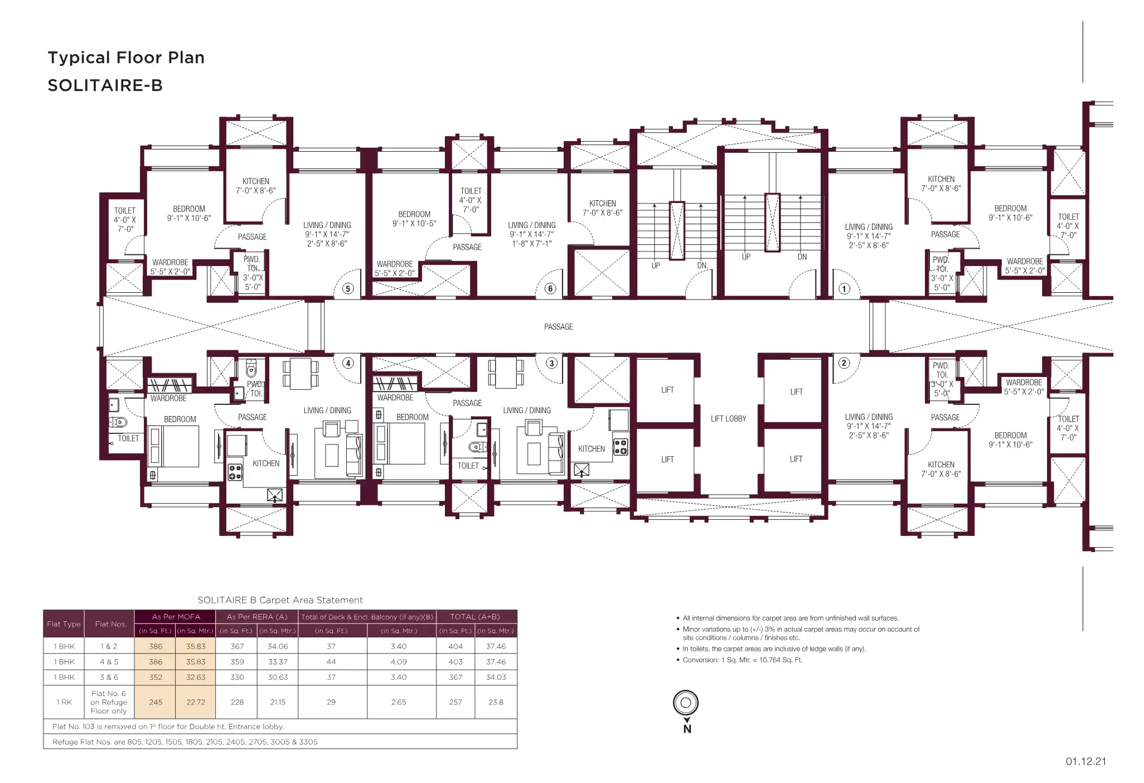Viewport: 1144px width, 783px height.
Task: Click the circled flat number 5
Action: [348, 288]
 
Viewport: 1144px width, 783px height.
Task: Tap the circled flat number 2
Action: [844, 363]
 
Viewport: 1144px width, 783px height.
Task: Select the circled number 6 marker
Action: [550, 288]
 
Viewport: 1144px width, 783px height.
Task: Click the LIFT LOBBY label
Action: [728, 419]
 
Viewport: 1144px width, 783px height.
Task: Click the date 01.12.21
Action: [1086, 761]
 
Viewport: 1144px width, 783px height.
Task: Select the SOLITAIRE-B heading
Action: [105, 85]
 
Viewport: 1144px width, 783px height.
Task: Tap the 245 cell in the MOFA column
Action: [156, 702]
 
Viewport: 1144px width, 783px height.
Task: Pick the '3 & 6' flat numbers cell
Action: [109, 677]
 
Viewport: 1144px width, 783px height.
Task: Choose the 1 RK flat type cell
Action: [64, 702]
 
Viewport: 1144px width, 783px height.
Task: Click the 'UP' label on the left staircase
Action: [656, 265]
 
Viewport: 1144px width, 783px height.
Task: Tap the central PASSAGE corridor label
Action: [559, 327]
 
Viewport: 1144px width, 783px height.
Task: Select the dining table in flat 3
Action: [507, 373]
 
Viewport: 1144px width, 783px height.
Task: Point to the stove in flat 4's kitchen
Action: [235, 472]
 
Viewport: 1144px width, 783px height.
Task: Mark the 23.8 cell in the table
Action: [496, 702]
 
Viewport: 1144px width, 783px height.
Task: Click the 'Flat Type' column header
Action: [64, 624]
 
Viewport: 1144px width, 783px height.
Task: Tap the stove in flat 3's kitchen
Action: [621, 447]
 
